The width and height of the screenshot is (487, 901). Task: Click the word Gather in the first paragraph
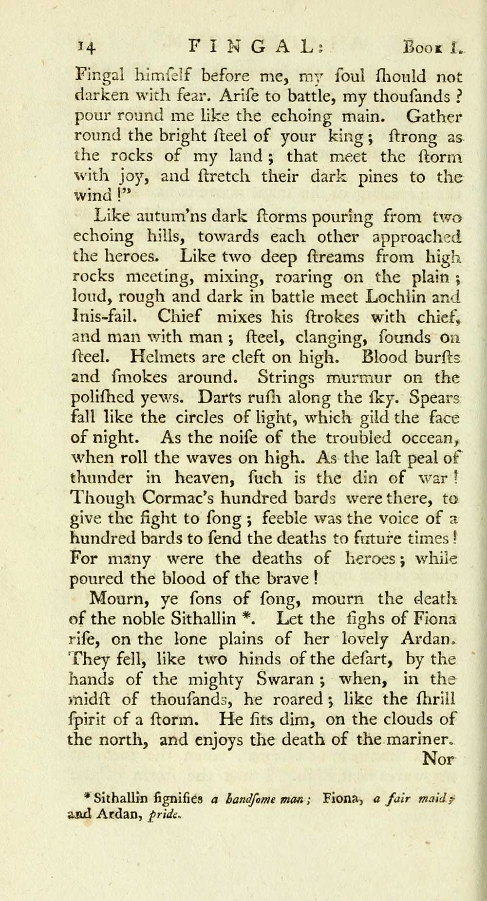(434, 117)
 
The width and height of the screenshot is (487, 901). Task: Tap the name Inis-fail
(104, 317)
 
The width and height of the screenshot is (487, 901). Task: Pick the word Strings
(294, 377)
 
